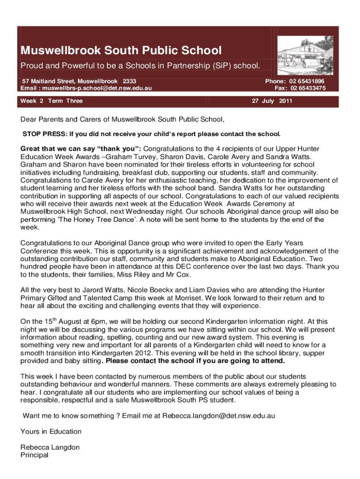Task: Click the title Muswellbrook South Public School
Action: coord(121,51)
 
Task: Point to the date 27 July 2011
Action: coord(272,101)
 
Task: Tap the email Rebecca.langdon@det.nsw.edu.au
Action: coord(218,415)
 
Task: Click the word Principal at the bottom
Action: coord(35,455)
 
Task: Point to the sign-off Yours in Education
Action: coord(51,431)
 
